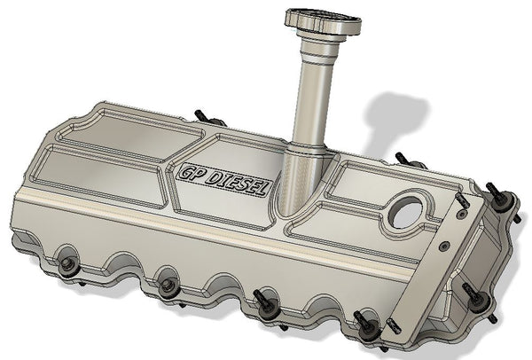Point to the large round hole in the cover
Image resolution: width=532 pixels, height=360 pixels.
point(407,211)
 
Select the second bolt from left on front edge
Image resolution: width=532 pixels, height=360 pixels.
point(167,286)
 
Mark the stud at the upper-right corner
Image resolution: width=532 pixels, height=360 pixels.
point(501,199)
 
